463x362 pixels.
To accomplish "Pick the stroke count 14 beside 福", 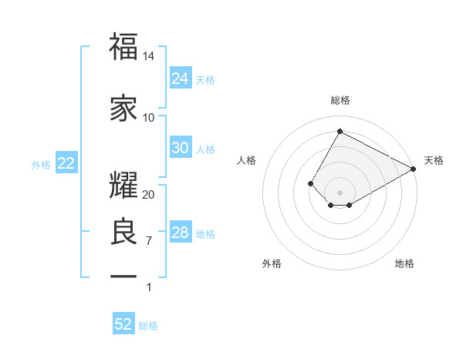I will point(149,56).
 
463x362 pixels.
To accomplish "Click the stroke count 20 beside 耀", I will point(149,194).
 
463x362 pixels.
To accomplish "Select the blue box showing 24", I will point(181,79).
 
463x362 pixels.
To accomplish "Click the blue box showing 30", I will point(181,148).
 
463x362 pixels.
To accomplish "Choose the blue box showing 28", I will point(181,233).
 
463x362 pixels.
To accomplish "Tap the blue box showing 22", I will point(66,164).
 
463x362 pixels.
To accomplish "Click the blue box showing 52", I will point(123,324).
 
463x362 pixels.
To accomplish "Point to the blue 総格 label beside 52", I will point(149,326).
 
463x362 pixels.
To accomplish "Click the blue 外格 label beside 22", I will point(41,165).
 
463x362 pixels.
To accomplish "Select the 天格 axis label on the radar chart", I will point(434,160).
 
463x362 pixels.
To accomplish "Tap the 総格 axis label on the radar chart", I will point(340,100).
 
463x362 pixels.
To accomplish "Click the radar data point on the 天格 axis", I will point(414,169).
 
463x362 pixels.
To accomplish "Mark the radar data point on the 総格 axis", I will point(340,131).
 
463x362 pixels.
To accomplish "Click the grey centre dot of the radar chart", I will point(340,192).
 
